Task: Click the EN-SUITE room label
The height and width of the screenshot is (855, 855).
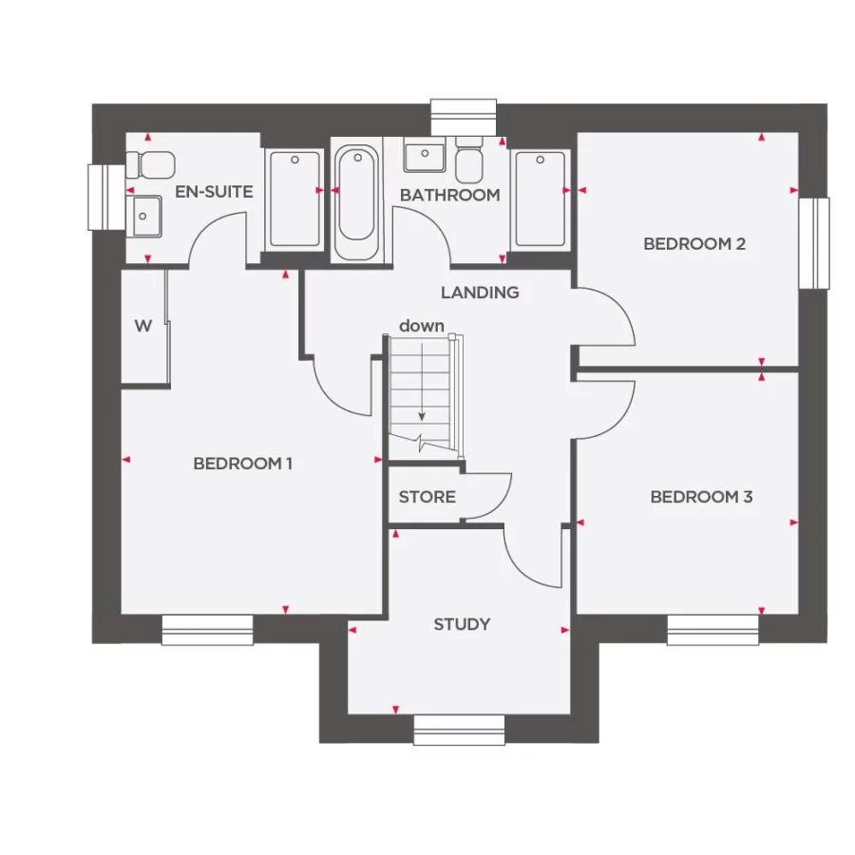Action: coord(214,192)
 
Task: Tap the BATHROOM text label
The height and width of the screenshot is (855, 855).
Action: coord(449,195)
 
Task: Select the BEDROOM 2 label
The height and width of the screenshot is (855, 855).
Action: coord(694,244)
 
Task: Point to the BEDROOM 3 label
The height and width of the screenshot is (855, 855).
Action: coord(701,497)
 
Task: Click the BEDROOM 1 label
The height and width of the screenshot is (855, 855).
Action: coord(242,464)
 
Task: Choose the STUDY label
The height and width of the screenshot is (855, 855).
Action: coord(462,624)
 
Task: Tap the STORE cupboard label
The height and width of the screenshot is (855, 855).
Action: coord(427,497)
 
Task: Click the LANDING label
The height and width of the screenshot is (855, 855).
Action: coord(480,293)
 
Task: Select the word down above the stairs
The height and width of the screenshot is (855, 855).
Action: coord(421,326)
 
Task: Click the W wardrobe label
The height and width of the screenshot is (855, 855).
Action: coord(142,327)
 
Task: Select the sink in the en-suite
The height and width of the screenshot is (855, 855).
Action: coord(145,215)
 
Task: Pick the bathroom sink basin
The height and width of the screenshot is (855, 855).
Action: coord(424,156)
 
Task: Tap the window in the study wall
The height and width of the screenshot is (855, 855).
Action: coord(459,730)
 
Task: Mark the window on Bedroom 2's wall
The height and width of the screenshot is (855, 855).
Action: coord(814,242)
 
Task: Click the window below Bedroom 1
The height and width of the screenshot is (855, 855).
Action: coord(207,630)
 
